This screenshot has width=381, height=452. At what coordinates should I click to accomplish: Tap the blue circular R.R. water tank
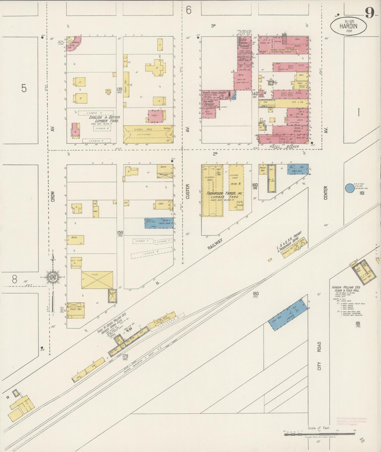tap(350, 188)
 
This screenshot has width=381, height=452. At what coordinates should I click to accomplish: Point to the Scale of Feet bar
tap(319, 433)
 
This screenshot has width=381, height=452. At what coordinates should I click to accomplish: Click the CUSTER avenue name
tap(187, 191)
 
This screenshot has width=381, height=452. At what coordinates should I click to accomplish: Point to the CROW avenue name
tap(52, 196)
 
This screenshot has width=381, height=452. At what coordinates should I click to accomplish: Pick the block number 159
tap(120, 233)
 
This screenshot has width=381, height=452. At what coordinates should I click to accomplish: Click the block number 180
tap(255, 294)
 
